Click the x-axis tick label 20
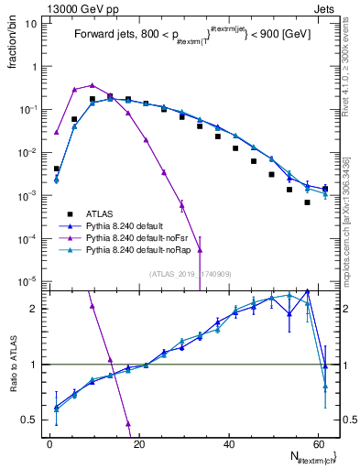click(138, 443)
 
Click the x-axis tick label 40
click(227, 443)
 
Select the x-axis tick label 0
click(49, 443)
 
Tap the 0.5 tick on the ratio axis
click(29, 420)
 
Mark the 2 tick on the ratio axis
click(34, 309)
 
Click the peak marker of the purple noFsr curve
click(92, 85)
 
